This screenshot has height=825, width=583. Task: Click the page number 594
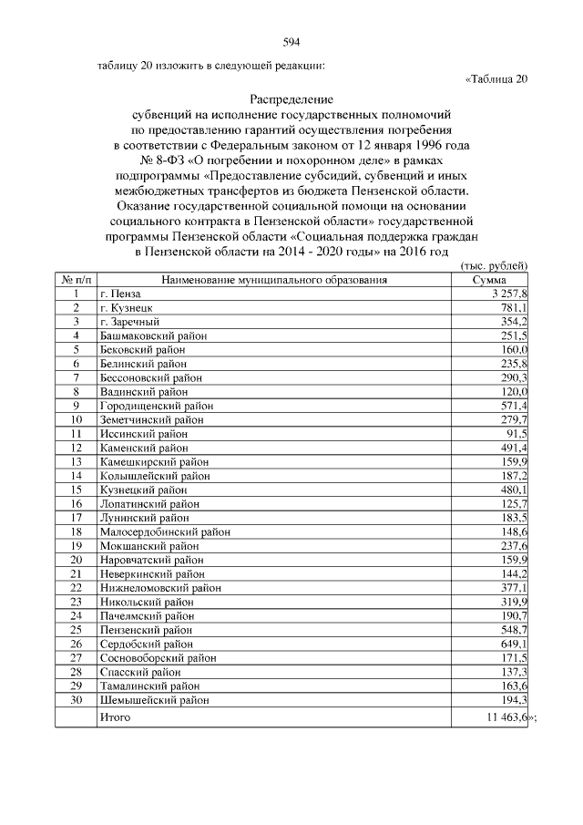[x=291, y=42]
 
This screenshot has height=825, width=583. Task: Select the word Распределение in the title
[x=291, y=98]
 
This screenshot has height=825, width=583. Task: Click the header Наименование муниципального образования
[x=275, y=280]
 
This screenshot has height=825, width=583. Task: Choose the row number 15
[x=77, y=490]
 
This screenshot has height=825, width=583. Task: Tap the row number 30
[x=77, y=699]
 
